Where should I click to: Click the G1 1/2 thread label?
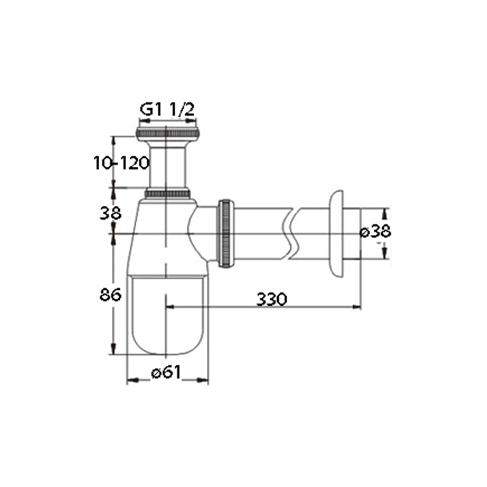tap(167, 110)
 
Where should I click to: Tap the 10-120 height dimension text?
tap(121, 163)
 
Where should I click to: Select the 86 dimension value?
tap(110, 295)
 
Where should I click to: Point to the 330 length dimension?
tap(272, 299)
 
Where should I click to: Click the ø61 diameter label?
tap(166, 372)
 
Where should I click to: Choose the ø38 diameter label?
tap(375, 231)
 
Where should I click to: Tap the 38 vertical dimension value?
tap(110, 214)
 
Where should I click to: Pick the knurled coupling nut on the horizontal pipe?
tap(225, 233)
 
